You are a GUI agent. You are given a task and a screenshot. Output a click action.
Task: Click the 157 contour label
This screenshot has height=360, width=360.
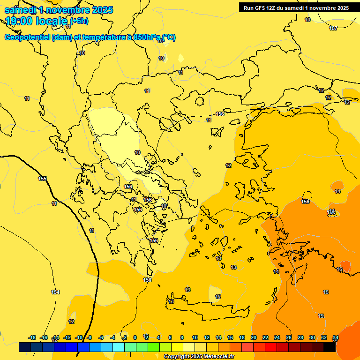tap(333, 29)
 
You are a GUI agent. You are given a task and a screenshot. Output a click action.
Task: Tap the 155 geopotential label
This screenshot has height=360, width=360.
tap(42, 179)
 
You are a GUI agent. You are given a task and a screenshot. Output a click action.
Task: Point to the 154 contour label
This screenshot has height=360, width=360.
tap(55, 292)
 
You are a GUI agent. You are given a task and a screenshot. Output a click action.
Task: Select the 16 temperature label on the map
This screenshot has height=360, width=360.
tap(339, 269)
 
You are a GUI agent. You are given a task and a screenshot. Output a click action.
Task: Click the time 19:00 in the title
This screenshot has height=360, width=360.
tap(21, 21)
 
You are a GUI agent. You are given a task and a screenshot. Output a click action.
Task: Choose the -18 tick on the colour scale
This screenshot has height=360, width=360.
tap(32, 337)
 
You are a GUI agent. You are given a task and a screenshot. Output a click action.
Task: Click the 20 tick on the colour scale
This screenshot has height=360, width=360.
tap(254, 337)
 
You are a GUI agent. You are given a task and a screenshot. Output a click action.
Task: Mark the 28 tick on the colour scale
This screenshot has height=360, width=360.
tap(300, 337)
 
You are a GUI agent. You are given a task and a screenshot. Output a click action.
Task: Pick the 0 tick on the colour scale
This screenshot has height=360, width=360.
tap(135, 337)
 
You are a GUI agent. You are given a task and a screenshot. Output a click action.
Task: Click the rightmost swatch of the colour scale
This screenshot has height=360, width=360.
tap(329, 347)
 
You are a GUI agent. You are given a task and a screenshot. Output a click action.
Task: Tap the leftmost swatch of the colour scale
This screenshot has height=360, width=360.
tap(25, 347)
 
